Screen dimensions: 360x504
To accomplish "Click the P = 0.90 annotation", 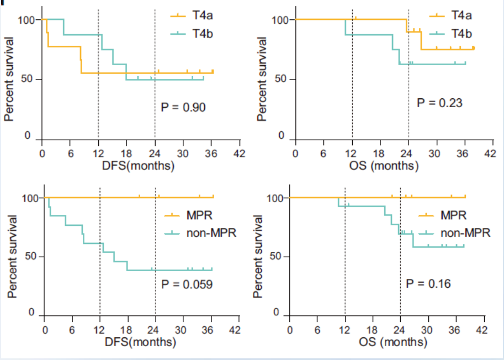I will tap(183, 107).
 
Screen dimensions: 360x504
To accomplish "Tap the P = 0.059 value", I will tap(187, 285).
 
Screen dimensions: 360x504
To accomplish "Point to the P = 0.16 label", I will tap(428, 284).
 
